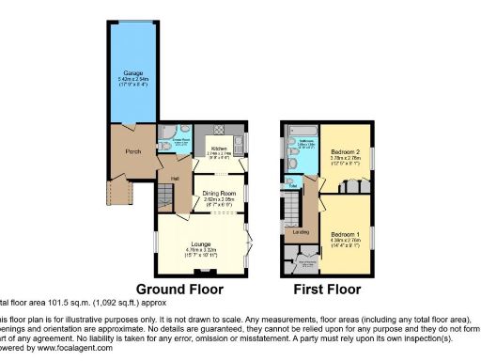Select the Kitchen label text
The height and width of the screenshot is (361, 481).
218,149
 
